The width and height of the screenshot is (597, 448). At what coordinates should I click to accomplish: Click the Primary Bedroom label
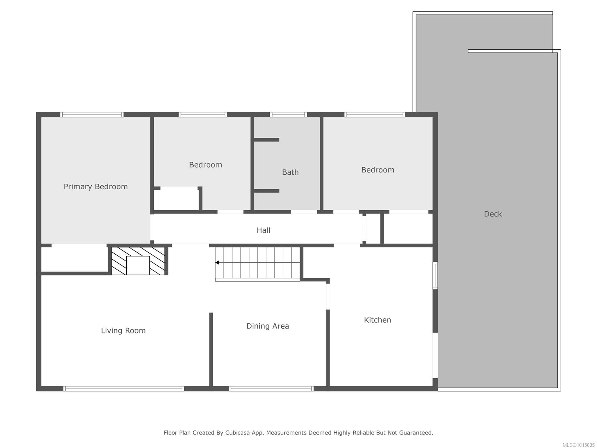[x=96, y=187]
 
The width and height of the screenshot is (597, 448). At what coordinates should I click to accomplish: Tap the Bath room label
[x=290, y=172]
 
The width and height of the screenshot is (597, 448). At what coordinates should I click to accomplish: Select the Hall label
[x=263, y=230]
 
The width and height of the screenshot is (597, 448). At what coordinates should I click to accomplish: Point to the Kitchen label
[x=377, y=320]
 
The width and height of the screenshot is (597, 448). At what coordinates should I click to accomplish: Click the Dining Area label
[x=268, y=326]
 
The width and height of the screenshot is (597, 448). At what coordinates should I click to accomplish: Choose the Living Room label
[x=123, y=330]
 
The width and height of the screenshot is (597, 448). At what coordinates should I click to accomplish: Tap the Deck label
[x=493, y=214]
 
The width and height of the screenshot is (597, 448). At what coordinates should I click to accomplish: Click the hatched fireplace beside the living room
[x=138, y=261]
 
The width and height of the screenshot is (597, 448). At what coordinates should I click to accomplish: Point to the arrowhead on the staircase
[x=217, y=262]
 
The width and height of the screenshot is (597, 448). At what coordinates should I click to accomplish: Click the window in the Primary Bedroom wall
[x=92, y=115]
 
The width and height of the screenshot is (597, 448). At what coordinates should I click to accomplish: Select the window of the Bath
[x=288, y=115]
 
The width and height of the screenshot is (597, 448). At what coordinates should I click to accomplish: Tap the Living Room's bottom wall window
[x=124, y=389]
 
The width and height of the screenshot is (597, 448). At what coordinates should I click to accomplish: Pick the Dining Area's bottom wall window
[x=271, y=389]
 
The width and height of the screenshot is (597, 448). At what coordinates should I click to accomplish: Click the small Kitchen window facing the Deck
[x=435, y=275]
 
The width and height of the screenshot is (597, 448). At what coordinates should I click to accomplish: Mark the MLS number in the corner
[x=578, y=445]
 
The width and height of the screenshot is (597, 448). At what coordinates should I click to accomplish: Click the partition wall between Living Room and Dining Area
[x=211, y=349]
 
